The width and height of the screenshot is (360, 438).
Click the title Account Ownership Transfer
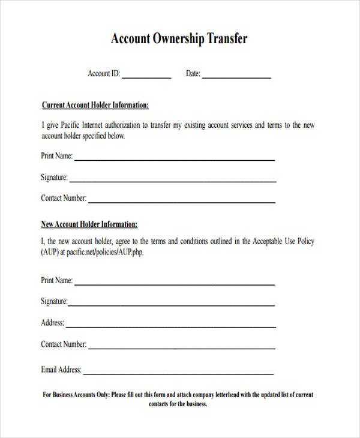click(179, 39)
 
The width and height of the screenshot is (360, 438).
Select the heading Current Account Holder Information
click(95, 105)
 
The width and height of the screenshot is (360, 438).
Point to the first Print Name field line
click(174, 160)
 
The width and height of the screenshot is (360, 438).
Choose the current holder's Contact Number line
click(182, 202)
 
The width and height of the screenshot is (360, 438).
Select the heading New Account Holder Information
click(89, 224)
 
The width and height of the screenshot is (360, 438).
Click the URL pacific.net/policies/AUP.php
click(105, 253)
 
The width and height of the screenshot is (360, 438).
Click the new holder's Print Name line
click(174, 284)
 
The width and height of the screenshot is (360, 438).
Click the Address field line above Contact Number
click(171, 327)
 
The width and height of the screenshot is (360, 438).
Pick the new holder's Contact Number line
click(182, 348)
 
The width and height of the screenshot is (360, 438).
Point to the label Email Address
click(61, 370)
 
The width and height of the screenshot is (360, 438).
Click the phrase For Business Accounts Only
click(76, 395)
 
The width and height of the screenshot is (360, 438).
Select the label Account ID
click(103, 74)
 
